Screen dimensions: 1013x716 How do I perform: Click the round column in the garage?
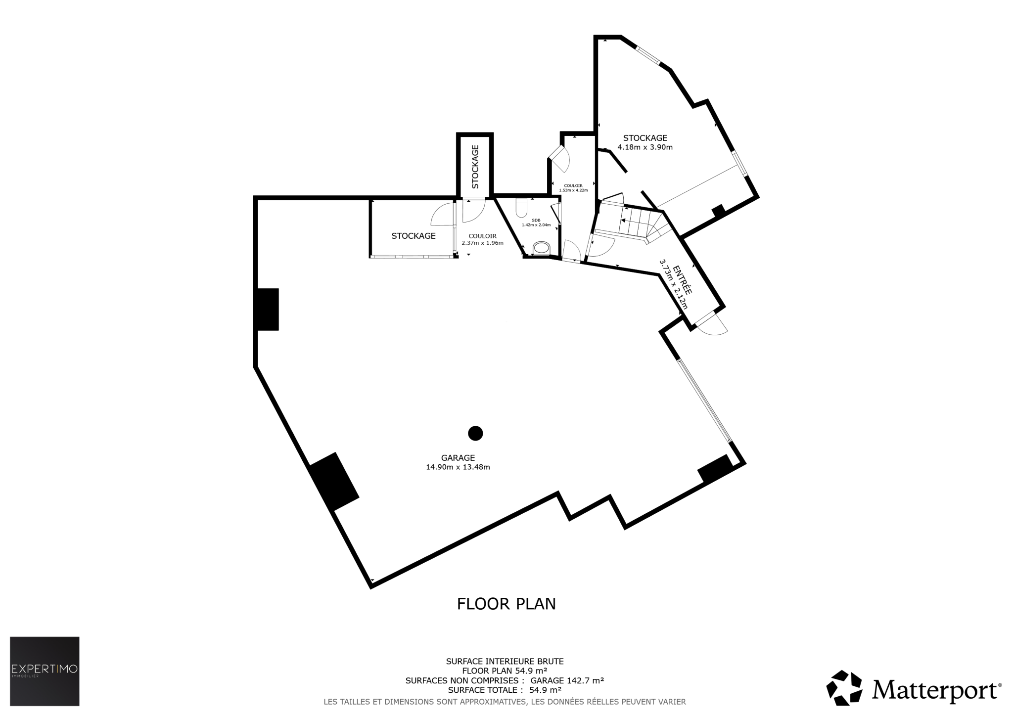(x=475, y=433)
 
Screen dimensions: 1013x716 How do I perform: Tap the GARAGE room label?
(x=458, y=458)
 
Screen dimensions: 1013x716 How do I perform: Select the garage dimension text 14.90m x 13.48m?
(x=458, y=467)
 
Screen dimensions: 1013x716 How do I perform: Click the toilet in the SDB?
(x=522, y=208)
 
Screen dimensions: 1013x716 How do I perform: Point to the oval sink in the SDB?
(x=541, y=248)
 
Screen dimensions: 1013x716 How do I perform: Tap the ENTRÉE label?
(x=682, y=278)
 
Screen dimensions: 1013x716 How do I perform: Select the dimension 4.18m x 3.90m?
(x=645, y=147)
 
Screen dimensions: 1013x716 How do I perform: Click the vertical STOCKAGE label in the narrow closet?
(x=475, y=167)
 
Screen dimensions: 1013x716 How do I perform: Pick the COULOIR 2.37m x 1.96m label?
(x=482, y=239)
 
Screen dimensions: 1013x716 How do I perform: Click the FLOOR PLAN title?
(x=506, y=604)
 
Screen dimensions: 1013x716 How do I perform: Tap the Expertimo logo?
(x=45, y=671)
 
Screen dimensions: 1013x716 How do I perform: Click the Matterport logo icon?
(x=844, y=688)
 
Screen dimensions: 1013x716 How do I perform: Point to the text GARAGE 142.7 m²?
(x=567, y=680)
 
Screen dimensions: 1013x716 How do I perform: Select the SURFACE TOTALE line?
(x=505, y=690)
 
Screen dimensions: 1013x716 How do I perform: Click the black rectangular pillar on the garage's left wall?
(x=267, y=309)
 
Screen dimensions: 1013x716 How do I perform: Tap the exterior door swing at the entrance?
(x=712, y=324)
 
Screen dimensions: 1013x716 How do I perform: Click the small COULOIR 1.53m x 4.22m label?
(x=573, y=188)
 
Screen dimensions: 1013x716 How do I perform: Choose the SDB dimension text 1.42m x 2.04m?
(x=536, y=225)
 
